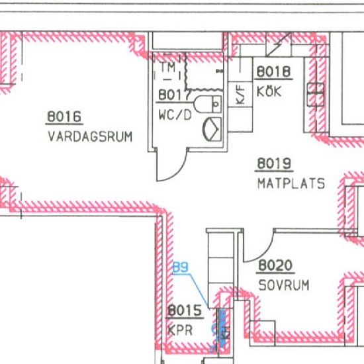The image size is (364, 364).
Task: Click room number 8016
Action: (64, 116)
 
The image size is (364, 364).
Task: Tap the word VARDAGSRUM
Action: (90, 136)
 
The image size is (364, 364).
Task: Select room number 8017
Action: (174, 95)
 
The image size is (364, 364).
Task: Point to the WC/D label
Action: (175, 114)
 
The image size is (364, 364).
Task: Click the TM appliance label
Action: (168, 68)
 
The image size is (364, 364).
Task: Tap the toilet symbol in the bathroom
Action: (207, 104)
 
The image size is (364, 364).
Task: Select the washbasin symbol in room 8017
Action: (212, 129)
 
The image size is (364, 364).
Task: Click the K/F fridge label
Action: (240, 95)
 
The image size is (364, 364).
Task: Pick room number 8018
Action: (273, 71)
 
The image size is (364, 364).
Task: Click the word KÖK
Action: (269, 91)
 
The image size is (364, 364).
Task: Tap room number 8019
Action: (274, 163)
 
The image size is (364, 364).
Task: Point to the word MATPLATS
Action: (291, 183)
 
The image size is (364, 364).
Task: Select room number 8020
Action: (275, 265)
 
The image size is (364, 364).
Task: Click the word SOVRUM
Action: (284, 285)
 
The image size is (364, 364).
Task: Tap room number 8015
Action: (185, 310)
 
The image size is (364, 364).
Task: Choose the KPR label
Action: (180, 330)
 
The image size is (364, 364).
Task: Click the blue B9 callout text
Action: (181, 267)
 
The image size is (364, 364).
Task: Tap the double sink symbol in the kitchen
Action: (316, 95)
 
